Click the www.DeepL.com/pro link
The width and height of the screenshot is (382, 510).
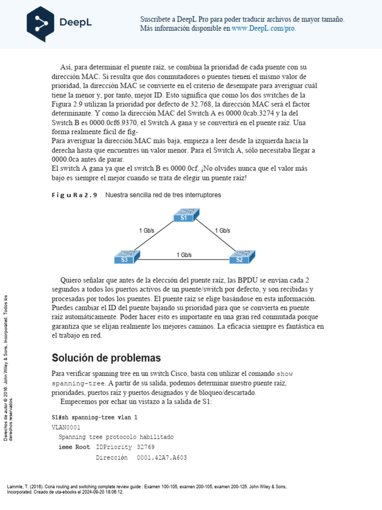264,29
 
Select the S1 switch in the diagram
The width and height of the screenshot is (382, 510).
185,216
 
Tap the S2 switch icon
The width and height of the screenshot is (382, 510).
241,257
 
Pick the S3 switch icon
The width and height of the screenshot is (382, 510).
126,257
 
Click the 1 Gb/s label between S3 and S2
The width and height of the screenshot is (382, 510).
184,255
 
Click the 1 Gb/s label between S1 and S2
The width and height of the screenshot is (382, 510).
222,231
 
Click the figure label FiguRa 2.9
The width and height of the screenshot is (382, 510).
75,195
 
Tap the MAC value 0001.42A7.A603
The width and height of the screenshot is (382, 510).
162,458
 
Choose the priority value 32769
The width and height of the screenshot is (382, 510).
149,447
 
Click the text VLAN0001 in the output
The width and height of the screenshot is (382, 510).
65,427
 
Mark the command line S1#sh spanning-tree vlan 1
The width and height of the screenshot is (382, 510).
95,417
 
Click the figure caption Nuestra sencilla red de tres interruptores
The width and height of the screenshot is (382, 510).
163,195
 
